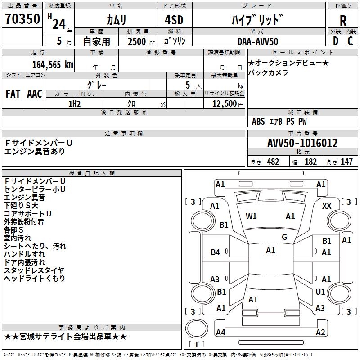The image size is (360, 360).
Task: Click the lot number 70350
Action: tap(22, 19)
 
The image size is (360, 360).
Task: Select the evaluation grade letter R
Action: tap(343, 21)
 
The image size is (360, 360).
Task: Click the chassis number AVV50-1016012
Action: tap(302, 144)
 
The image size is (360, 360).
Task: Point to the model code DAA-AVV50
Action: tap(258, 41)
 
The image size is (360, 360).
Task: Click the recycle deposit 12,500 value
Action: tap(224, 104)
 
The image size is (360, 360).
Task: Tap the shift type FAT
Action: tap(13, 94)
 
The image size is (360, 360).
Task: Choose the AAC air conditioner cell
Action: tap(35, 94)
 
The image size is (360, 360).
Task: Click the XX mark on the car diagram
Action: tap(327, 206)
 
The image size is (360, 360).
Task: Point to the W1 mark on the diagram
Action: tap(251, 216)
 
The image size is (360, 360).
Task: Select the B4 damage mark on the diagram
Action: tap(216, 252)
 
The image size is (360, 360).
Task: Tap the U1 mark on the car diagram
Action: tap(320, 292)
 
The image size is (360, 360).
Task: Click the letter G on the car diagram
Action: tap(284, 237)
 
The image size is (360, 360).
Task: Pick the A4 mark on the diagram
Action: tap(220, 333)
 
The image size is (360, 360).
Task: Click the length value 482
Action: tap(273, 162)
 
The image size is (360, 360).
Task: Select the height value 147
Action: tap(346, 162)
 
